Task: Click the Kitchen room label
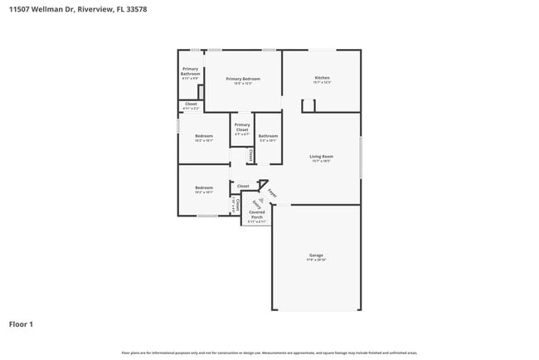(322, 78)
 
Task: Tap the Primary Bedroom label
(242, 78)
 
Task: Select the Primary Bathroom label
(191, 71)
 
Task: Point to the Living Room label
(322, 156)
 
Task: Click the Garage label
(316, 255)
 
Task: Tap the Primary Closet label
(242, 128)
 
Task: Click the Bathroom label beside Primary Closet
(268, 136)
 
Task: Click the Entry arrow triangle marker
(260, 201)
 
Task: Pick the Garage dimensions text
(316, 260)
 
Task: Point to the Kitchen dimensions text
(322, 83)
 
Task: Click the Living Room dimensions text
(322, 161)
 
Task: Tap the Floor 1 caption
(22, 324)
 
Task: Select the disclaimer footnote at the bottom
(269, 353)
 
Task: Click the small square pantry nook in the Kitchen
(308, 105)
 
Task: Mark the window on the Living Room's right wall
(361, 156)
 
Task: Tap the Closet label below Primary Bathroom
(191, 104)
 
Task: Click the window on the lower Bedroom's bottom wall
(207, 216)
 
